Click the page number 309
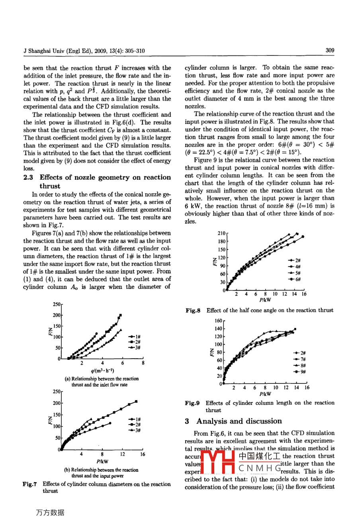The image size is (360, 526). coord(330,51)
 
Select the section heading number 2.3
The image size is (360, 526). coord(28,177)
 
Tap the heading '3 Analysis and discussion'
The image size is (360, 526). coord(234,421)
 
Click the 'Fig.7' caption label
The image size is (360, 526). coord(30,484)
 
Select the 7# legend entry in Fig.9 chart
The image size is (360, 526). coord(300,359)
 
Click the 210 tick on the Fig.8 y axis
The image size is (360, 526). coord(222,233)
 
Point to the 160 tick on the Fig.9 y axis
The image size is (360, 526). coord(219,321)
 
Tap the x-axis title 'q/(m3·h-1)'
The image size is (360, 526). coord(102,371)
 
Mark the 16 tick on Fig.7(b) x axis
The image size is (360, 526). coord(143,454)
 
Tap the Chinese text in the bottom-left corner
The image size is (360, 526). coord(50,513)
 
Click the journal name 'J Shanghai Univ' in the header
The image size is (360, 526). coord(44,51)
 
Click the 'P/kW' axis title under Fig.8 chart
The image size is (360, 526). coord(265,300)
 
